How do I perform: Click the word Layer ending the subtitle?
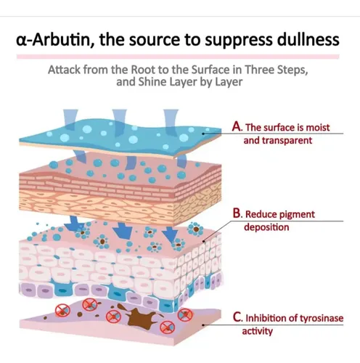click(x=229, y=82)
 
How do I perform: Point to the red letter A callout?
click(x=237, y=126)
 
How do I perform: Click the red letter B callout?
click(x=237, y=213)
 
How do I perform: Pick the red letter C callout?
click(x=237, y=317)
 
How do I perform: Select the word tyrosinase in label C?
click(x=322, y=319)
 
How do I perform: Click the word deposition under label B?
click(x=266, y=227)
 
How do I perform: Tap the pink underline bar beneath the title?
click(x=178, y=57)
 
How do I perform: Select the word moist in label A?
click(x=318, y=128)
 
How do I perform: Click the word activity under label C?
click(x=258, y=331)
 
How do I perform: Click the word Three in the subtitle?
click(x=259, y=70)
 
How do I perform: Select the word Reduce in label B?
click(x=258, y=214)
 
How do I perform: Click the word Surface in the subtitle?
click(x=210, y=70)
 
